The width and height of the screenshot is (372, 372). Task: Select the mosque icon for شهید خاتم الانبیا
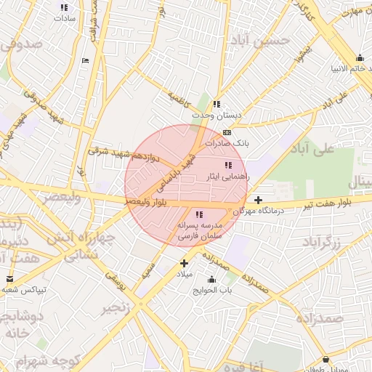tap(360, 58)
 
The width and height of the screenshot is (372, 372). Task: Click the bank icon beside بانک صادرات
tap(227, 132)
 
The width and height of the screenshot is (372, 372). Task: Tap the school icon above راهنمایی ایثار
tap(228, 164)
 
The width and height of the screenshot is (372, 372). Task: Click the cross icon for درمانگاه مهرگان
tap(258, 199)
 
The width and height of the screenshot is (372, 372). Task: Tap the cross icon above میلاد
tap(184, 263)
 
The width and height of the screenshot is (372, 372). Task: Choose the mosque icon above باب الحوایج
tap(211, 280)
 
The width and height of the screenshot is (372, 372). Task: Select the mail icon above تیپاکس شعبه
tap(9, 279)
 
